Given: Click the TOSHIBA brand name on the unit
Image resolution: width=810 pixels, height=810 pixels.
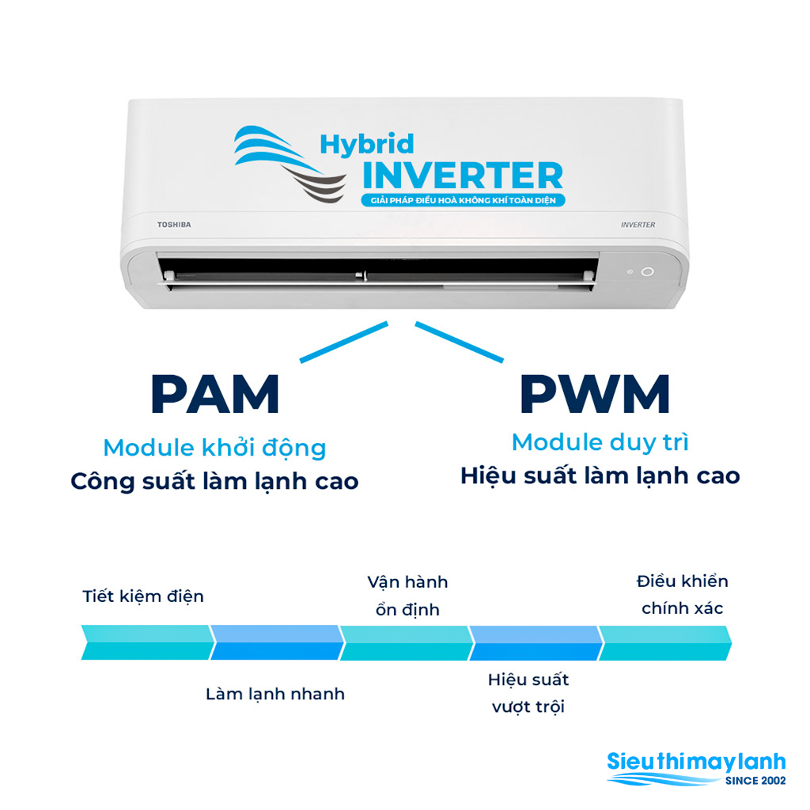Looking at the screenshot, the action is coord(174,225).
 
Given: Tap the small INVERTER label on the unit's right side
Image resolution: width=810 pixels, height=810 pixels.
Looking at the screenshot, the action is coord(638,225).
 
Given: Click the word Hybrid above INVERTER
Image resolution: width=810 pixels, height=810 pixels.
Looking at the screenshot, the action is coord(367,145).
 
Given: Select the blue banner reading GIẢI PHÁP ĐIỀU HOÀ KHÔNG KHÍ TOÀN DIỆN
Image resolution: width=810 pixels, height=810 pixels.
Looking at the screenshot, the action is coord(463,200).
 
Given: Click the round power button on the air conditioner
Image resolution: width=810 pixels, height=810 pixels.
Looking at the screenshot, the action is coord(647,272).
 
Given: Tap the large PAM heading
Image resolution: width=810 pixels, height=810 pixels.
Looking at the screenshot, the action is coord(215,394).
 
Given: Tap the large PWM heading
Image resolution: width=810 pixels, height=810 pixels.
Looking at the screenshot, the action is coord(595,394).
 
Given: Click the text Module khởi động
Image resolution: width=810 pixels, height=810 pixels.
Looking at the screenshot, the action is coord(215,448).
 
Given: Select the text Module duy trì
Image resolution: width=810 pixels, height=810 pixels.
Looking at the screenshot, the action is coord(600,442).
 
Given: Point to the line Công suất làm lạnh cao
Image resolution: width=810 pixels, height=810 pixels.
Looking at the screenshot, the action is coord(215,482).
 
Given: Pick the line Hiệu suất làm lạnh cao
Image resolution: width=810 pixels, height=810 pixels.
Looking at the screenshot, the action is coord(600,475).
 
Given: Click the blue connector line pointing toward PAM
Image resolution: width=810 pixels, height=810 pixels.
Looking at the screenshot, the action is coord(343,342).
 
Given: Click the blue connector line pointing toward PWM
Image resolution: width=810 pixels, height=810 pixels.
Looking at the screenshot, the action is coord(460,342).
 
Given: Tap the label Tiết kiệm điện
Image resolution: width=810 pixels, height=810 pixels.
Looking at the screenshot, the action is coord(143,596).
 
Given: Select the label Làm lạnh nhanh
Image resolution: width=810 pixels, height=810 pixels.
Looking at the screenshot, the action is coord(275,694).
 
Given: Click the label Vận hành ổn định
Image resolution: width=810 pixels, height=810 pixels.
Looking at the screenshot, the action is coord(407,596).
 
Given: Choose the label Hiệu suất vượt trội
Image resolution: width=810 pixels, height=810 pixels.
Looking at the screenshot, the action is coord(528,693).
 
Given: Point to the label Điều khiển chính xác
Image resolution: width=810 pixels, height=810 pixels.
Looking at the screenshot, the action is coord(683,595).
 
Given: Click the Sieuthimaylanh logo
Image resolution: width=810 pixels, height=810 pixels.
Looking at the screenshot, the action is coord(696,769).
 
